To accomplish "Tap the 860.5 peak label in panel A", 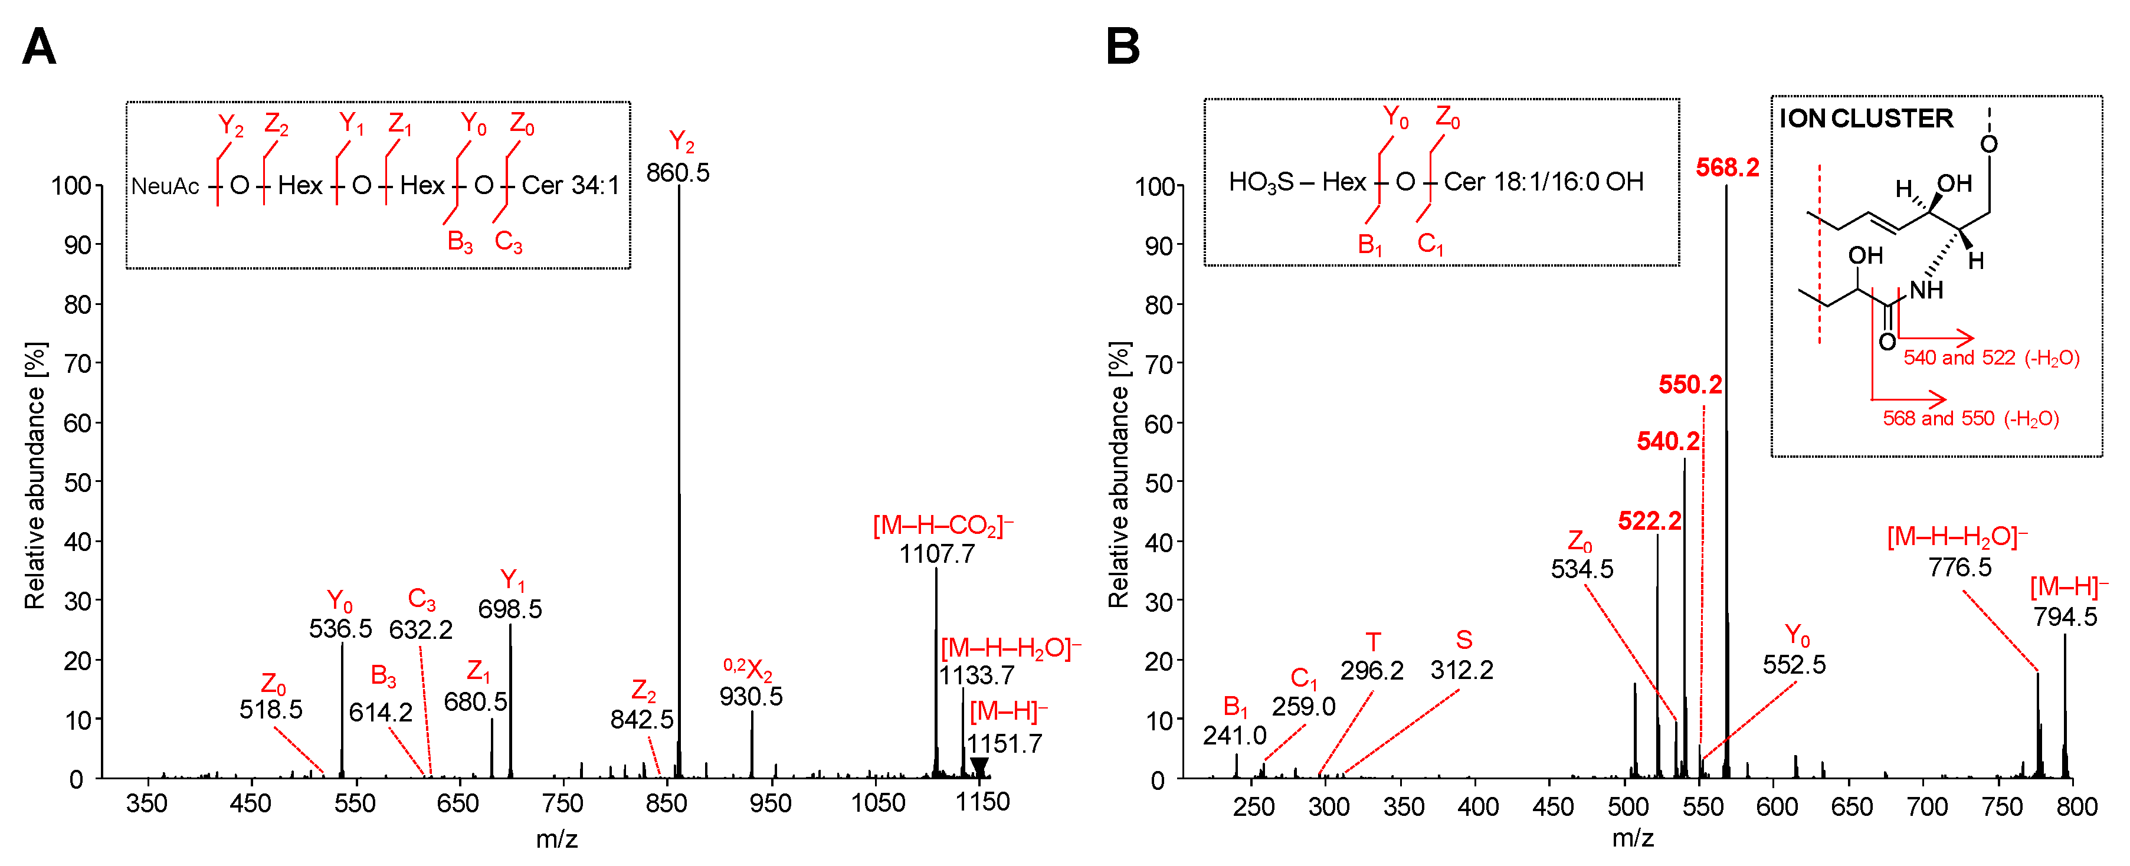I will (677, 173).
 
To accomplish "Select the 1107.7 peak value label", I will (937, 554).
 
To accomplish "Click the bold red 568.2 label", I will (1728, 168).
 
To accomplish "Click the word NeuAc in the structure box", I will (165, 186).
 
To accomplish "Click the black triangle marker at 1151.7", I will (978, 766).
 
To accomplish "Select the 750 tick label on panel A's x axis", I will (562, 803).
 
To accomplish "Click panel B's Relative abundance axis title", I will (1118, 475).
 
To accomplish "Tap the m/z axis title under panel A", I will (556, 839).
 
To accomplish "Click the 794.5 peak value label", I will (2065, 617).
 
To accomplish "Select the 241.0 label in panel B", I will (1234, 736).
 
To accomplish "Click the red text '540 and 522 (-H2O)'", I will (1990, 358).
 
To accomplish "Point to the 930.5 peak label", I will (750, 697).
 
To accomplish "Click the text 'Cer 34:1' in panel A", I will (570, 186).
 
